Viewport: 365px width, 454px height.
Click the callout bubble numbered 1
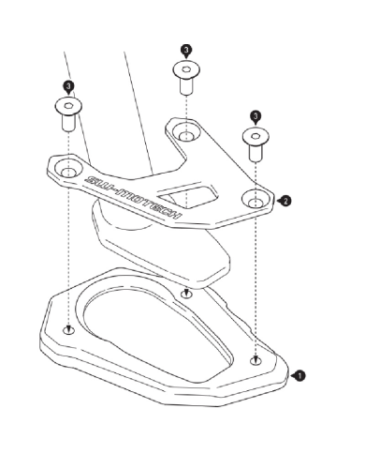tap(299, 375)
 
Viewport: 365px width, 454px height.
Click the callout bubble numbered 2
tap(285, 201)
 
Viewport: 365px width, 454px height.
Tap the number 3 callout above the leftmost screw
tap(68, 86)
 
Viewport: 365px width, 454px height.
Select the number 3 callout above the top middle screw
tap(186, 50)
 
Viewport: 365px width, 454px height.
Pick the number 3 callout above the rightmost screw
tap(255, 116)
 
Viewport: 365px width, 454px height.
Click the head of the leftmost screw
tap(68, 106)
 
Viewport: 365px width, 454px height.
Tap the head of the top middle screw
tap(186, 70)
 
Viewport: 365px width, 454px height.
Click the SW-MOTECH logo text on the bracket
tap(133, 197)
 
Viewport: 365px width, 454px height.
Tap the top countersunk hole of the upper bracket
tap(186, 131)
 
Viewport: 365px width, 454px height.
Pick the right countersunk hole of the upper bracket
tap(256, 199)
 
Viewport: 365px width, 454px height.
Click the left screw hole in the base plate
tap(69, 329)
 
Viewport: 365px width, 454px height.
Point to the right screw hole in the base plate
tap(256, 361)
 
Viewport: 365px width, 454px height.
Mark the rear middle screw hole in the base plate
tap(186, 294)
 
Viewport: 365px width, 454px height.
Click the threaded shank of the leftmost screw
tap(68, 123)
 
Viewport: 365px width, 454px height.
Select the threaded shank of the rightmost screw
tap(255, 154)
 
